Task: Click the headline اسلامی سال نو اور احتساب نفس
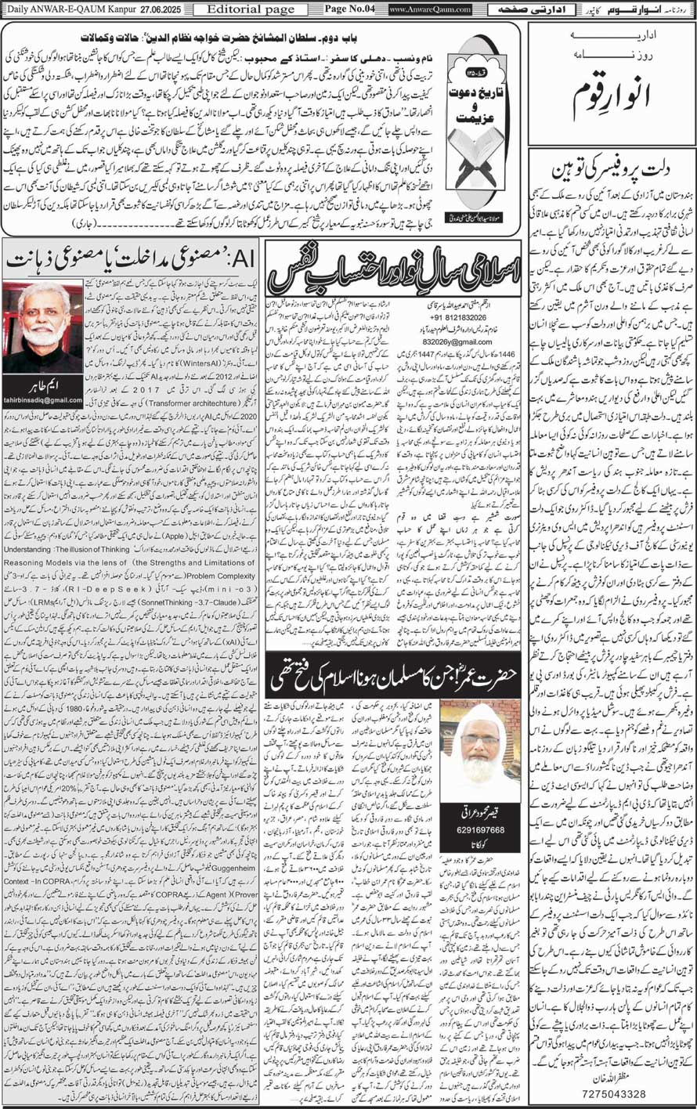click(x=392, y=278)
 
